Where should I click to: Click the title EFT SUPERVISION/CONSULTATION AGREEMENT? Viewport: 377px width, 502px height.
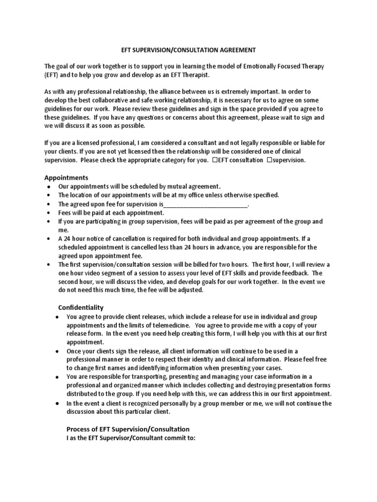point(188,50)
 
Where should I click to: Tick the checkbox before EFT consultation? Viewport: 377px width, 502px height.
point(215,160)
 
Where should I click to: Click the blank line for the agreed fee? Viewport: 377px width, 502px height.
point(205,204)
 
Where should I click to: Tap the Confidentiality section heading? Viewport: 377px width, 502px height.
point(81,307)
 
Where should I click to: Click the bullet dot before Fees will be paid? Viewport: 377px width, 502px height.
point(48,213)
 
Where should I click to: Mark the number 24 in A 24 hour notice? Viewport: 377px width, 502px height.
point(67,239)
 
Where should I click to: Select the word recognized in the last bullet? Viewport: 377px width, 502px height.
point(128,403)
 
